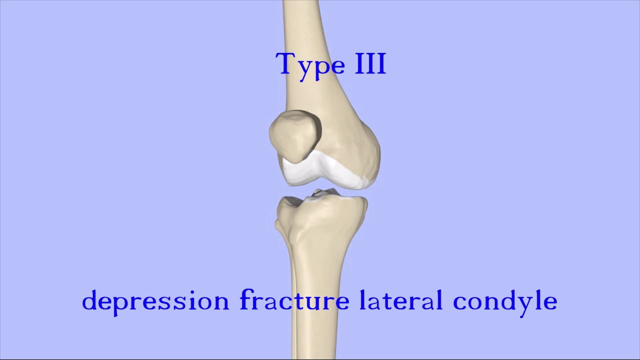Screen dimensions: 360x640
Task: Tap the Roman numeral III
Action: pyautogui.click(x=370, y=64)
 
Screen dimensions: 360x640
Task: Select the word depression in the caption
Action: pyautogui.click(x=155, y=300)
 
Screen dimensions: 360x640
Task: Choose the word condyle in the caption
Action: pyautogui.click(x=505, y=301)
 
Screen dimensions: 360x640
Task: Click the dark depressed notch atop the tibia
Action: pyautogui.click(x=320, y=193)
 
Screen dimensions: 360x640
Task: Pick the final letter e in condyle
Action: pyautogui.click(x=550, y=302)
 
